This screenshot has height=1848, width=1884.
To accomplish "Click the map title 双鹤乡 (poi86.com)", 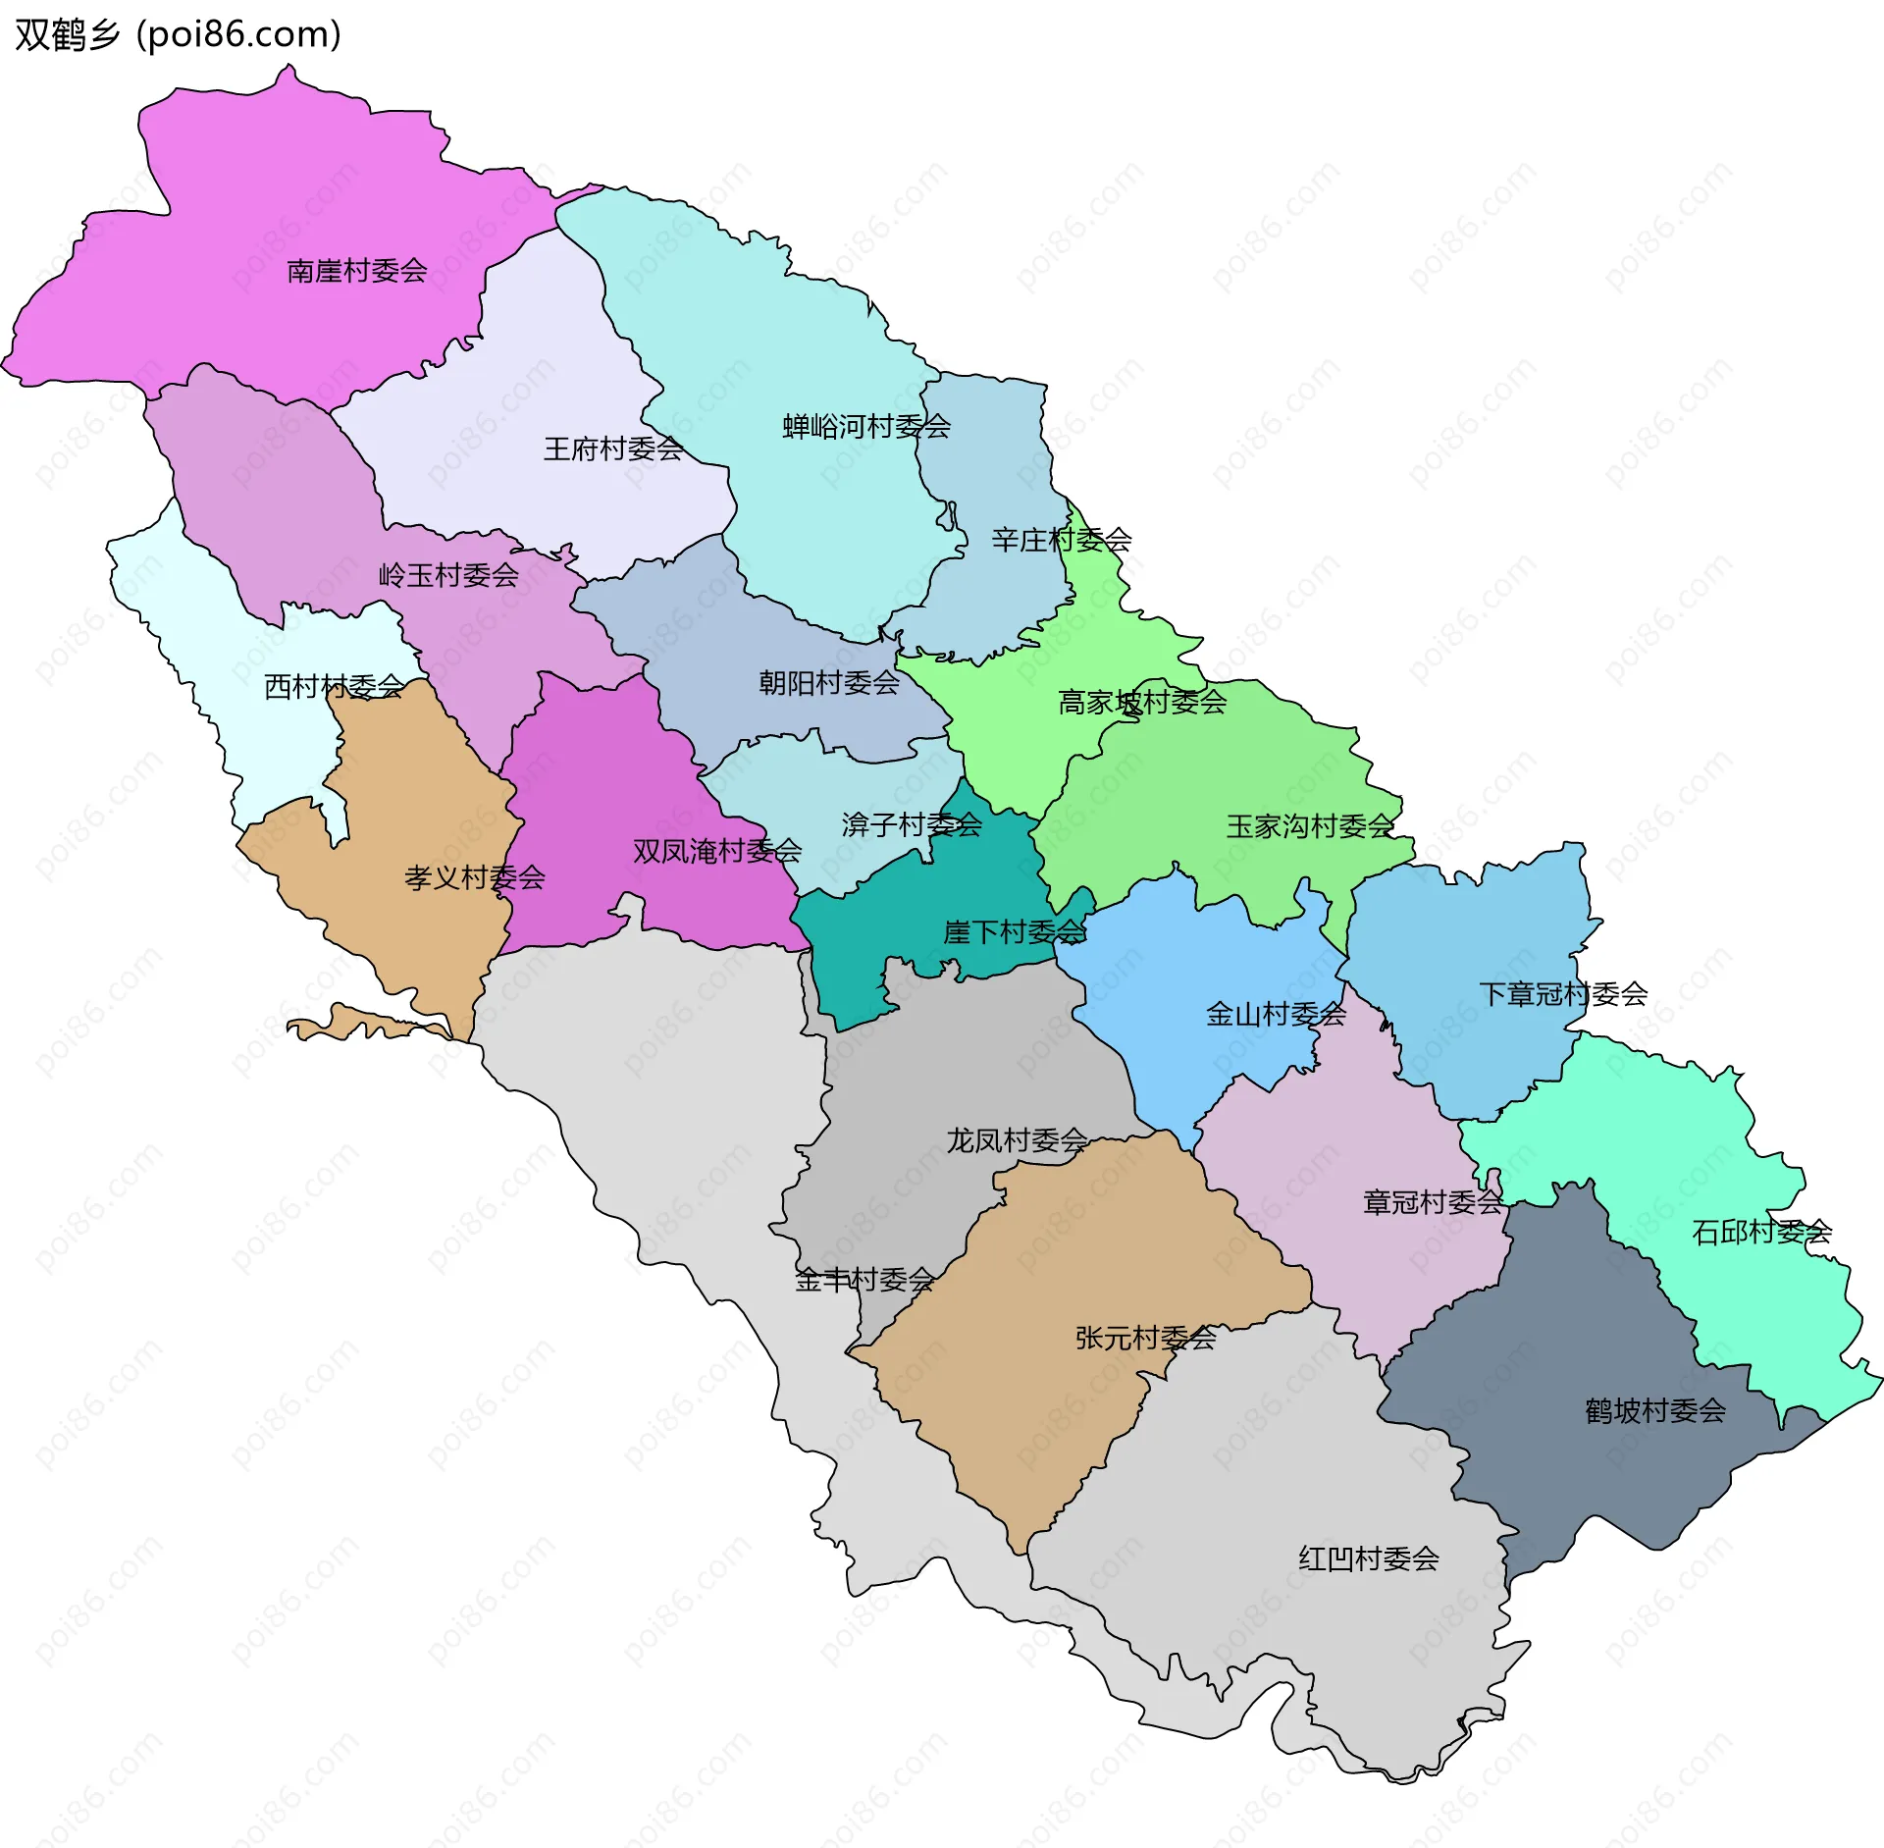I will point(178,34).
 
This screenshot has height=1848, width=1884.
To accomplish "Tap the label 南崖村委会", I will point(357,271).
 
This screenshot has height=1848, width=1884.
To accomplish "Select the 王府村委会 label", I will point(613,449).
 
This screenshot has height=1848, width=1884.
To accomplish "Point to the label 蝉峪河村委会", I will point(866,427).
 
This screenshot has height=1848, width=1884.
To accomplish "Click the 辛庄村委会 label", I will point(1061,540).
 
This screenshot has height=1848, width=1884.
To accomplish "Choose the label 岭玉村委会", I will point(448,575).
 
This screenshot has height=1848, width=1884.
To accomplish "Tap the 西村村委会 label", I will point(334,687).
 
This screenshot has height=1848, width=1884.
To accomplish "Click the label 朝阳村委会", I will point(829,683).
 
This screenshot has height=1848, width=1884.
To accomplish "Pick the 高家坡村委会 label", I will point(1142,702).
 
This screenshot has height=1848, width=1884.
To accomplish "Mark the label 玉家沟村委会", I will point(1310,826).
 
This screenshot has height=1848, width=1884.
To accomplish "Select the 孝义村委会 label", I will point(475,877).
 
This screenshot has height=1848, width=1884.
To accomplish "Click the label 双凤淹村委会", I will point(717,851).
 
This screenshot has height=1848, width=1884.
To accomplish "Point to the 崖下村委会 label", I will point(1015,931).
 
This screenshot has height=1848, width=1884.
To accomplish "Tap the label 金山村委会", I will point(1276,1014).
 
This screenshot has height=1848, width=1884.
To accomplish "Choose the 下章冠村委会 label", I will point(1563,994).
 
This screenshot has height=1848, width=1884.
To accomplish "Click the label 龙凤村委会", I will point(1017,1140).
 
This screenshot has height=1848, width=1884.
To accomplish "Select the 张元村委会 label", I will point(1146,1338).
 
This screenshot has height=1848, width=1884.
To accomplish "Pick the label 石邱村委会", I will point(1761,1232).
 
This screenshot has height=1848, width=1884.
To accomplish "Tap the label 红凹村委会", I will point(1369,1558).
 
